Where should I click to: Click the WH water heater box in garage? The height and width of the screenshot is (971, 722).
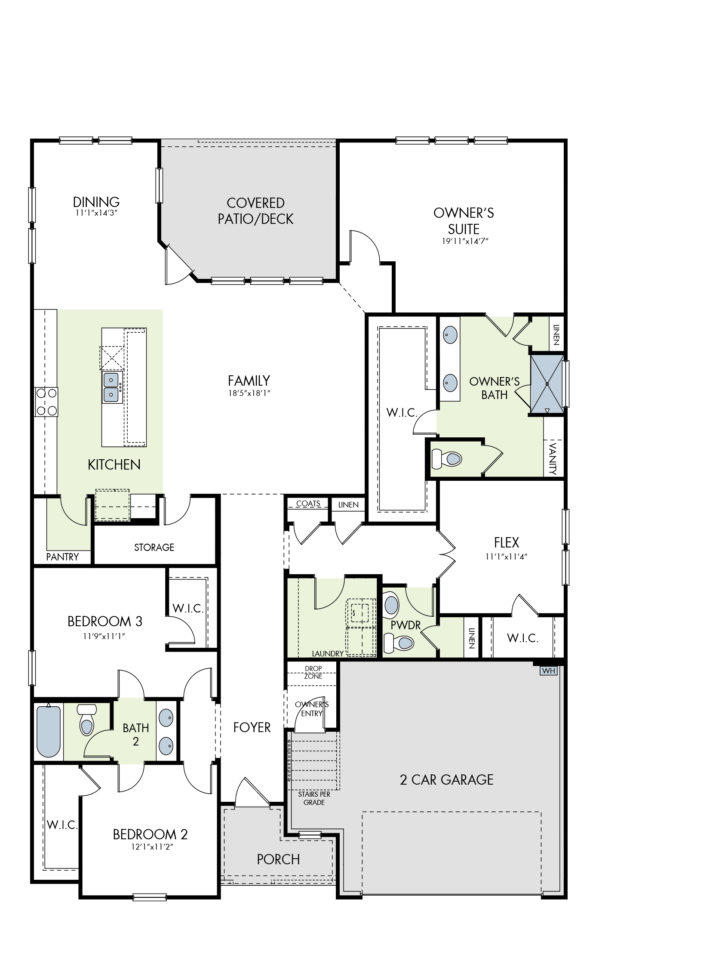coord(549,671)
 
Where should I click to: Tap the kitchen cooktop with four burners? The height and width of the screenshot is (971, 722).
coord(46,402)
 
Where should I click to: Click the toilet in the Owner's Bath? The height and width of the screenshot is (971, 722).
coord(447,459)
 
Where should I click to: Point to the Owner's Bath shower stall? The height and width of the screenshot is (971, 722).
coord(547,383)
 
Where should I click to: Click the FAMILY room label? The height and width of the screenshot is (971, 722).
coord(249,380)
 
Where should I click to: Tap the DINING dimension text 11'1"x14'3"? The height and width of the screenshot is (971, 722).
coord(96,213)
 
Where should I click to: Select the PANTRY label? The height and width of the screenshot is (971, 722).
coord(62,557)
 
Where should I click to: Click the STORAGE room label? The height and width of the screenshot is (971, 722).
coord(154,547)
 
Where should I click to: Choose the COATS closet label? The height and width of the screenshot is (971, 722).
coord(308,504)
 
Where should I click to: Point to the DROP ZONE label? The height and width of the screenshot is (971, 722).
coord(313,672)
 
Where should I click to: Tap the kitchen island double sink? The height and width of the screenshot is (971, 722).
coord(112,387)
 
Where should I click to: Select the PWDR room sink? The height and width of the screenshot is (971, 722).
coord(391,605)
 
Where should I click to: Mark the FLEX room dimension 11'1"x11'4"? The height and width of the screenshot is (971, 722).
coord(507,557)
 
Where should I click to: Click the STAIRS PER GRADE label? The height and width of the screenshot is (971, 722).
coord(314,798)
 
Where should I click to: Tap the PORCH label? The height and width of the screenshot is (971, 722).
coord(278,860)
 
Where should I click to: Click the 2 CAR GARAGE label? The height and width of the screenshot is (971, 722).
coord(447,779)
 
